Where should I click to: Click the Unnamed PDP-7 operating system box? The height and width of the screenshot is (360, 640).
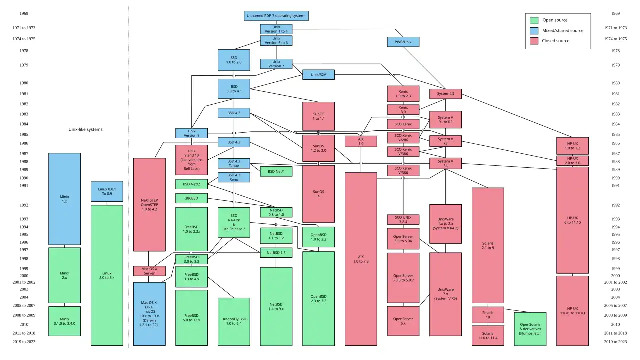click(x=276, y=16)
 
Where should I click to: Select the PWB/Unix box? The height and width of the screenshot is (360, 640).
click(x=403, y=42)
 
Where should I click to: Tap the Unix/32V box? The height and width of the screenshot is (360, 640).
click(x=318, y=75)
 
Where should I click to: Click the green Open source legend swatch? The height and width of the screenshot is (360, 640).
click(x=534, y=20)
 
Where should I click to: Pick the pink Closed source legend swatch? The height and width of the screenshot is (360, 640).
click(x=534, y=41)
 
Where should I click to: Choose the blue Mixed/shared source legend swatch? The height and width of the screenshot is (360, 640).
click(x=534, y=30)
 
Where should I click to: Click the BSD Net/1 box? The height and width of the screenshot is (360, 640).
click(x=276, y=171)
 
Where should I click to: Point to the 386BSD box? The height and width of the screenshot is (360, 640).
click(x=191, y=198)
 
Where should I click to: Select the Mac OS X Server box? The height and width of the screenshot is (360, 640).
click(x=149, y=271)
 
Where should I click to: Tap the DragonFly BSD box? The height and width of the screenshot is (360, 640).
click(x=234, y=321)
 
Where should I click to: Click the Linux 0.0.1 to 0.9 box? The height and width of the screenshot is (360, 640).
click(x=107, y=191)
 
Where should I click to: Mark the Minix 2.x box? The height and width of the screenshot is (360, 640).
click(x=64, y=275)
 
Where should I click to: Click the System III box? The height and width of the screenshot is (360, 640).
click(x=445, y=94)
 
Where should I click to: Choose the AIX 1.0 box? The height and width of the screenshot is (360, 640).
click(x=361, y=141)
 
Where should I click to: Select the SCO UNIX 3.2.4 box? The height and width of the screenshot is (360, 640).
click(x=403, y=220)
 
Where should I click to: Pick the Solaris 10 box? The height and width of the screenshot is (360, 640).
click(x=487, y=315)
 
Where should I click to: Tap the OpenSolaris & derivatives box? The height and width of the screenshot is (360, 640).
click(x=530, y=328)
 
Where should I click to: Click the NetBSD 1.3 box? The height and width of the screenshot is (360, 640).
click(x=276, y=253)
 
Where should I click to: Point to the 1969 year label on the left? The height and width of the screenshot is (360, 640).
click(x=24, y=14)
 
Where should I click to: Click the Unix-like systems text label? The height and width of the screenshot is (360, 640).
click(x=85, y=129)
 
